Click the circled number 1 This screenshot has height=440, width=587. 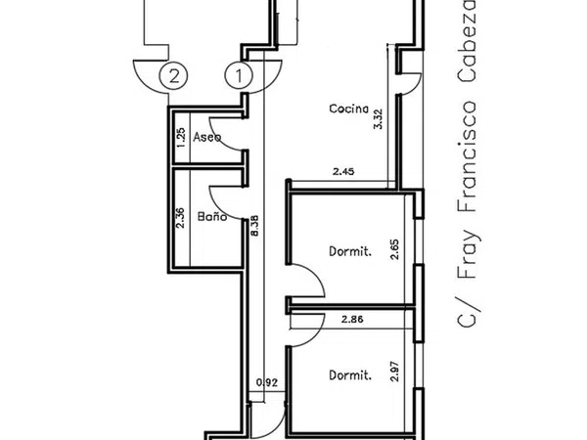point(239,76)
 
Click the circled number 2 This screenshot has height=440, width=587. point(173,76)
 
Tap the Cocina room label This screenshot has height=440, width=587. point(348,109)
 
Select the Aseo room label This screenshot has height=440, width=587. point(207,137)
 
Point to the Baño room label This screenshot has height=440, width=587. point(212,216)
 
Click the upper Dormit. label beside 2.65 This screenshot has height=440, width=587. point(350,251)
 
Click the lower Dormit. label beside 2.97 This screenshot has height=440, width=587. point(350,374)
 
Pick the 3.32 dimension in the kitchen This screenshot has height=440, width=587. point(379,119)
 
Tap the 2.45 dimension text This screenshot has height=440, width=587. point(343,172)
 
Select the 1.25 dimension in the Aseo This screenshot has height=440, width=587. point(180,137)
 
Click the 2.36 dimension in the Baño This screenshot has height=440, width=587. point(180,218)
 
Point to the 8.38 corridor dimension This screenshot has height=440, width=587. point(254,226)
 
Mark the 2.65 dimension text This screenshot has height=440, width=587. point(394,249)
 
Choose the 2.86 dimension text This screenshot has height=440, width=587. point(352,320)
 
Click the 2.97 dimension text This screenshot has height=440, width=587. point(394,372)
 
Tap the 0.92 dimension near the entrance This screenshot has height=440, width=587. point(267,382)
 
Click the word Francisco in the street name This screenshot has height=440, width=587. point(467,156)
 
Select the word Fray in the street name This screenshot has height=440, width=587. point(468,254)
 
